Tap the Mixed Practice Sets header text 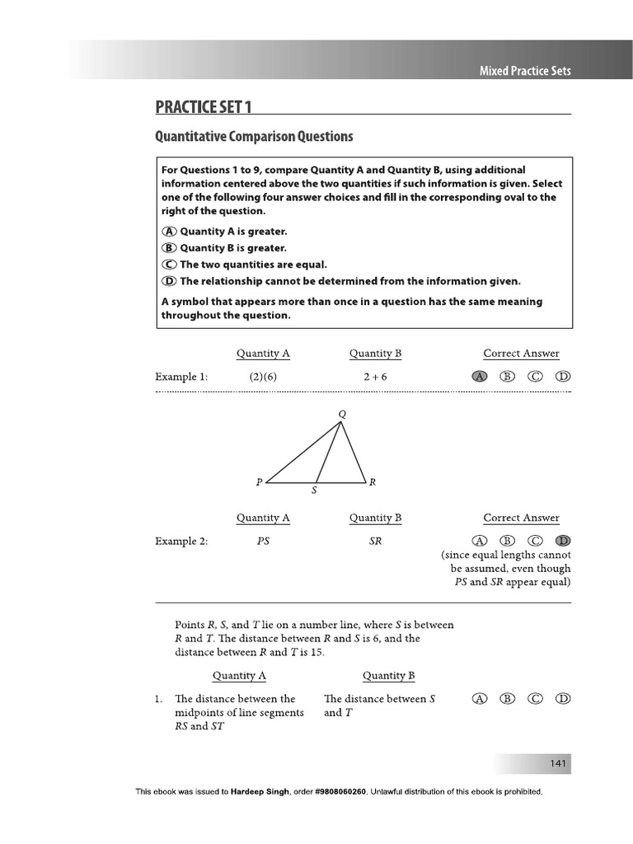(x=525, y=71)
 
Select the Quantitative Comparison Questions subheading (x=254, y=137)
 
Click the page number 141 (x=559, y=765)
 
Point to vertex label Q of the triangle (x=343, y=413)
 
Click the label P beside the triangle (x=259, y=482)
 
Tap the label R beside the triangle (x=373, y=482)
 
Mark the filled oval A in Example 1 (x=481, y=377)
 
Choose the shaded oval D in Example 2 (x=563, y=541)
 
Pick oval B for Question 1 (x=508, y=699)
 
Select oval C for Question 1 (x=536, y=699)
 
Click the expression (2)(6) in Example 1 (x=263, y=377)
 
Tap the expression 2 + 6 (x=375, y=377)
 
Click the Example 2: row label (x=181, y=542)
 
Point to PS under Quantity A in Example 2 (x=263, y=542)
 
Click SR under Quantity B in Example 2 (x=375, y=542)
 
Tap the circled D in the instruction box (x=170, y=281)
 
